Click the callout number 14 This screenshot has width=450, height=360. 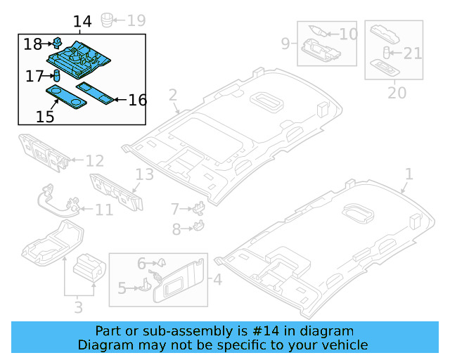[x=82, y=22]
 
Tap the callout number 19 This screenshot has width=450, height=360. [x=135, y=19]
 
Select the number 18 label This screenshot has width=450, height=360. [x=33, y=44]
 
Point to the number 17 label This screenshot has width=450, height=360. [x=35, y=76]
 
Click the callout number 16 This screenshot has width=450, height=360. [x=137, y=101]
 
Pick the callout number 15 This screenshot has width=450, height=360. [x=45, y=116]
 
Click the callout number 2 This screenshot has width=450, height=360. [x=173, y=95]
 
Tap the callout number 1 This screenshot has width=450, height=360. [x=409, y=174]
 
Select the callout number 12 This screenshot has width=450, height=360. [x=94, y=161]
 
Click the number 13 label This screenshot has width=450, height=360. [x=144, y=174]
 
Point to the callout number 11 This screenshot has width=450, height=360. [x=103, y=210]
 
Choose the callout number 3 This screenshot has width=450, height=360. [x=78, y=307]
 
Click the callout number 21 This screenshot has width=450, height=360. [x=413, y=52]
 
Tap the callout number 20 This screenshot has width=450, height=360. [x=397, y=92]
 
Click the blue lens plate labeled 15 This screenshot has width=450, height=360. [x=63, y=98]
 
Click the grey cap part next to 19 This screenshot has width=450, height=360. [x=108, y=19]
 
